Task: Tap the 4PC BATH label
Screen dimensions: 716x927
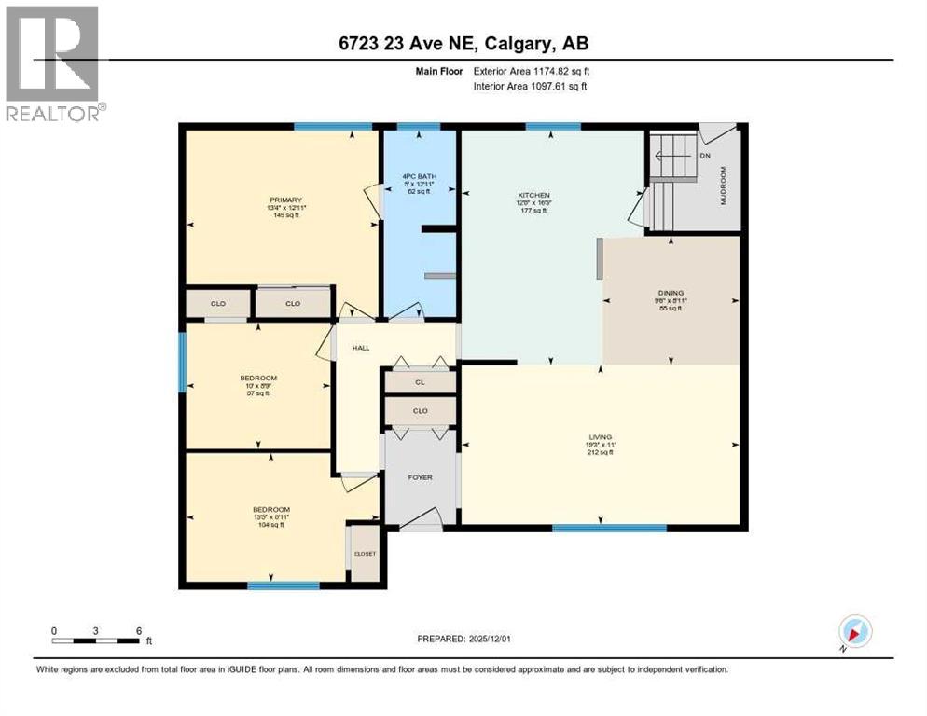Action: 420,176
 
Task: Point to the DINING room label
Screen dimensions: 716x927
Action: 671,293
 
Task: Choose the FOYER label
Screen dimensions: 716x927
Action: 420,477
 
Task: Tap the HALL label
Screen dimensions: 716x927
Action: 361,348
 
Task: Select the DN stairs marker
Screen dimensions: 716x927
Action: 704,156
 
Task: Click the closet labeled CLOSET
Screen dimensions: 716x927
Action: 365,554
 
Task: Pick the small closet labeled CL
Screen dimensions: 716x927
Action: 420,382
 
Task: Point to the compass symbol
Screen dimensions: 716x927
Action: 854,632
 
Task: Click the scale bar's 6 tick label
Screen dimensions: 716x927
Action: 139,630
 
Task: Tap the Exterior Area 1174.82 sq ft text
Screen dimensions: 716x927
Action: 531,71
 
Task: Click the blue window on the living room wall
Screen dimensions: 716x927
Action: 609,528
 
